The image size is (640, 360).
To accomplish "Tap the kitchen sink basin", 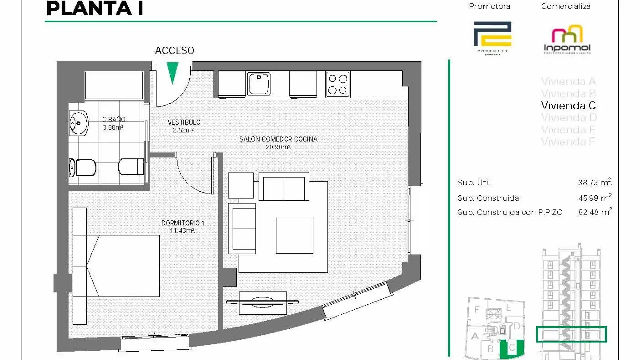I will [x=259, y=83].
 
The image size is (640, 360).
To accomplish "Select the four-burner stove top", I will [x=338, y=84].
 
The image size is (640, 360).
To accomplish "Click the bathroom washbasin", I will [x=79, y=123].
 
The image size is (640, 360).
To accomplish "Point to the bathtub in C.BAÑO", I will [x=114, y=85].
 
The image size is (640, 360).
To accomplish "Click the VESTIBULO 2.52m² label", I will [x=184, y=126].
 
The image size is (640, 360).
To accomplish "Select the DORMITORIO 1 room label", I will [x=182, y=226].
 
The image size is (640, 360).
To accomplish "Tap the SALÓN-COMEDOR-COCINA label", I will [x=278, y=143].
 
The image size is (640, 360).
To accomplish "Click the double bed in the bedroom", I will [x=123, y=266].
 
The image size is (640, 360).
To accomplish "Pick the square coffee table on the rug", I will [x=294, y=235].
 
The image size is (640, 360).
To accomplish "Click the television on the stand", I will [x=262, y=302].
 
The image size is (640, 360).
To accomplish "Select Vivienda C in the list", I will [x=568, y=106].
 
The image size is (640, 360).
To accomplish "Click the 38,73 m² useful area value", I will [x=595, y=182].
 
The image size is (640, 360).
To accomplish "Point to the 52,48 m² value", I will [x=595, y=212].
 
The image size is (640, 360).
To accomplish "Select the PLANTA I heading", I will [x=95, y=9].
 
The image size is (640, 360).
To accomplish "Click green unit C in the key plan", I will [x=512, y=348].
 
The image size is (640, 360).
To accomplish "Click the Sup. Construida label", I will [x=488, y=198].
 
